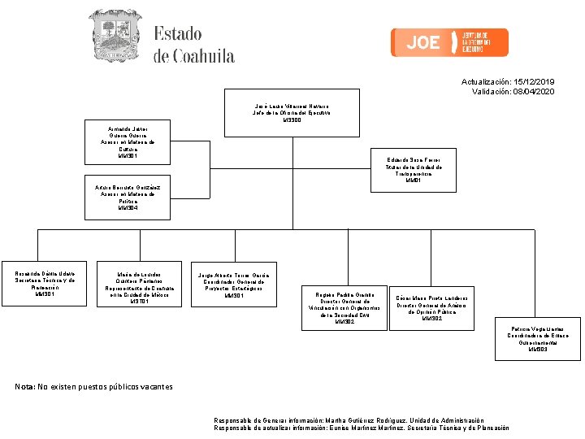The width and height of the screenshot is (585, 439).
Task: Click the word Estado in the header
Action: tap(178, 34)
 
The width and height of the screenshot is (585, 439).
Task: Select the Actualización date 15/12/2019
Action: tap(531, 82)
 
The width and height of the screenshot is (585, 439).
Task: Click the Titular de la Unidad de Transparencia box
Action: tap(414, 171)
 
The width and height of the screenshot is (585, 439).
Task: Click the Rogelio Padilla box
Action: tap(344, 306)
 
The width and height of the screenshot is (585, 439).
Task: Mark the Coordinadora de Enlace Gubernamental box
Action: tap(538, 338)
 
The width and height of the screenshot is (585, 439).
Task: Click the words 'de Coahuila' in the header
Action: tap(194, 56)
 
